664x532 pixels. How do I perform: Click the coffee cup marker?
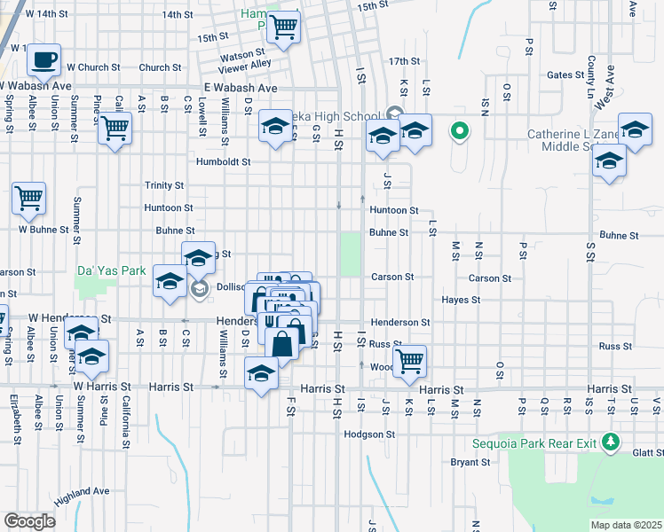click(43, 60)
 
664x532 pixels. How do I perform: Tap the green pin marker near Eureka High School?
click(459, 132)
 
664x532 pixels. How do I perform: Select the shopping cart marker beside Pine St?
click(115, 128)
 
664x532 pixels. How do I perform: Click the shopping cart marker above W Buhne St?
click(28, 197)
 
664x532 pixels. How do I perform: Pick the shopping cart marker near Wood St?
click(409, 360)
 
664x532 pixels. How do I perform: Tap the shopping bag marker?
click(281, 342)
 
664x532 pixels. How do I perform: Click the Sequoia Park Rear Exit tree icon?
click(610, 441)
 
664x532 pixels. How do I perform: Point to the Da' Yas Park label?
click(111, 270)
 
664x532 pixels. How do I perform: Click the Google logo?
click(29, 521)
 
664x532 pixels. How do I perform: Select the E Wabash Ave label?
click(241, 88)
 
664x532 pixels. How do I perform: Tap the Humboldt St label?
click(224, 162)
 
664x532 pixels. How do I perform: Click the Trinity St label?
click(164, 185)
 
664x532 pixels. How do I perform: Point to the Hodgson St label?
click(369, 434)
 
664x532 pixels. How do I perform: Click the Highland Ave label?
click(81, 491)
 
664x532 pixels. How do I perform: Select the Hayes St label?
click(461, 300)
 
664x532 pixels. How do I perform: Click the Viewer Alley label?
click(246, 64)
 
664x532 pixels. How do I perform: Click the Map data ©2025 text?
click(625, 525)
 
